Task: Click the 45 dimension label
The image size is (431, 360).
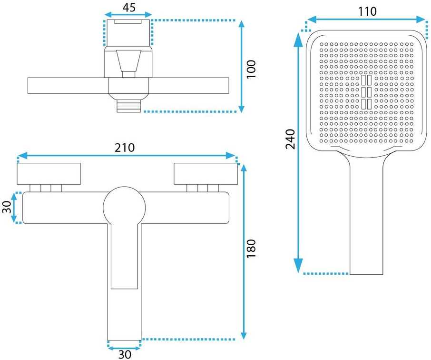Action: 129,7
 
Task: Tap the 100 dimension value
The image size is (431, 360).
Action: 251,70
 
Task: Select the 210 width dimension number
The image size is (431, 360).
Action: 125,148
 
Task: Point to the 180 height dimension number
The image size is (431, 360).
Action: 251,249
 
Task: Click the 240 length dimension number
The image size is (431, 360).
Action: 290,139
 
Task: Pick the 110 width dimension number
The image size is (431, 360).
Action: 367,11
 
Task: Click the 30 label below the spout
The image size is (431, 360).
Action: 125,354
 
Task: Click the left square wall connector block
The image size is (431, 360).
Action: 49,174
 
